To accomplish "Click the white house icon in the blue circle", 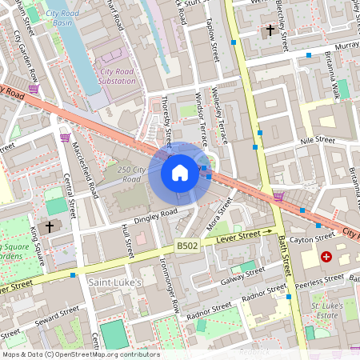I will pos(180,172).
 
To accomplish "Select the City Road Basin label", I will pos(67,18).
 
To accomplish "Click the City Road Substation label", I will pos(118,76).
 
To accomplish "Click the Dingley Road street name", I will pos(144,216).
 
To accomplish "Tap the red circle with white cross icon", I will pos(326,257).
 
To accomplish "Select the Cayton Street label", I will pos(313,238).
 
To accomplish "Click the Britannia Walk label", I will pos(333,81).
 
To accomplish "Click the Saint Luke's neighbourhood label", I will pos(114,282).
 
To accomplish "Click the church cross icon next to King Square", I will pos(50,227).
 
